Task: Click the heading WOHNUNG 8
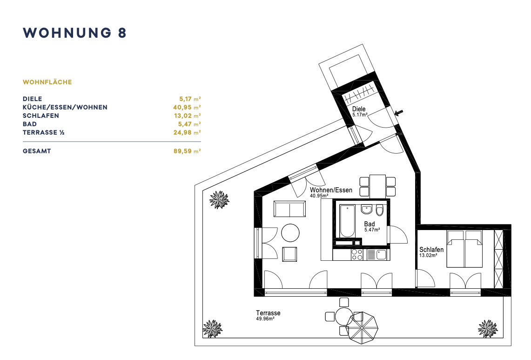[74, 33]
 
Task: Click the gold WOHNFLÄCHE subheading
[47, 82]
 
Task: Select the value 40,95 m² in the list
[187, 107]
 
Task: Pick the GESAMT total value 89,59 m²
[187, 151]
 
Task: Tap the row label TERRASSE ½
[44, 133]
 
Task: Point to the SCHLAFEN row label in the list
[41, 115]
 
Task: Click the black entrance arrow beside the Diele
[399, 113]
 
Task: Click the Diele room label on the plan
[359, 109]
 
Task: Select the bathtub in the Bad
[347, 221]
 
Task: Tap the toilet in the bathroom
[380, 210]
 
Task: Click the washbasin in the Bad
[366, 210]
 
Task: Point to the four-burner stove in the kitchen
[357, 255]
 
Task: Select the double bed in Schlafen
[464, 249]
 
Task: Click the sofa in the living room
[289, 209]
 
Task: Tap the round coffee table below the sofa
[290, 233]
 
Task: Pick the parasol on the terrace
[363, 327]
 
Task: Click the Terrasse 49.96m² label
[268, 315]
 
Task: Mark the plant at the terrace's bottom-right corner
[488, 329]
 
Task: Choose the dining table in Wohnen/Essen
[377, 186]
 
